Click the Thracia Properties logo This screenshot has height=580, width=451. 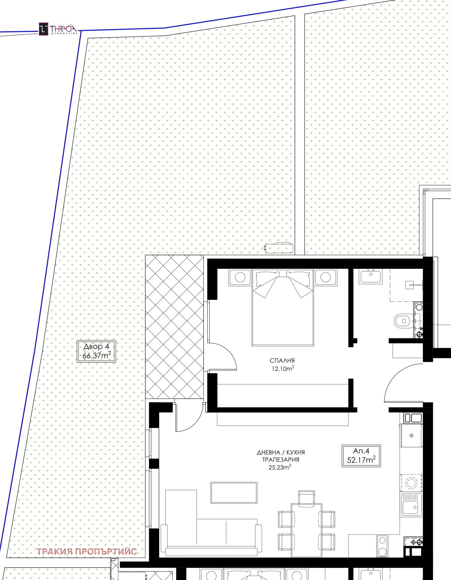58,29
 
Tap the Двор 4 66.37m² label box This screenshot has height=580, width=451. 96,351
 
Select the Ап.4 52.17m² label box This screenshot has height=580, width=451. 361,456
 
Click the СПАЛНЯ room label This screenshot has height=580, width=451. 282,360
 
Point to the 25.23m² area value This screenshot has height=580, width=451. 280,467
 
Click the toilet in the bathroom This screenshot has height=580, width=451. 404,321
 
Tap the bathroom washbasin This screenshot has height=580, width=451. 371,276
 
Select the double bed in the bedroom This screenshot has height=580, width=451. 283,307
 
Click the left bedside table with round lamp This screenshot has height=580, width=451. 240,277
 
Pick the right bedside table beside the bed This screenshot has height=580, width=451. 326,277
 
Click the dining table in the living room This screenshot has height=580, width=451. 306,530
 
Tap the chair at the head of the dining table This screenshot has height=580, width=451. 306,497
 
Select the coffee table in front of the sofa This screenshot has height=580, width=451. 234,493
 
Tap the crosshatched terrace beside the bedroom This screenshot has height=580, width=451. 174,327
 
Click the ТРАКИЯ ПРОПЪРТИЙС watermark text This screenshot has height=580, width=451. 87,552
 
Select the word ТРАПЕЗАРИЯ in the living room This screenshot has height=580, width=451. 281,460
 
